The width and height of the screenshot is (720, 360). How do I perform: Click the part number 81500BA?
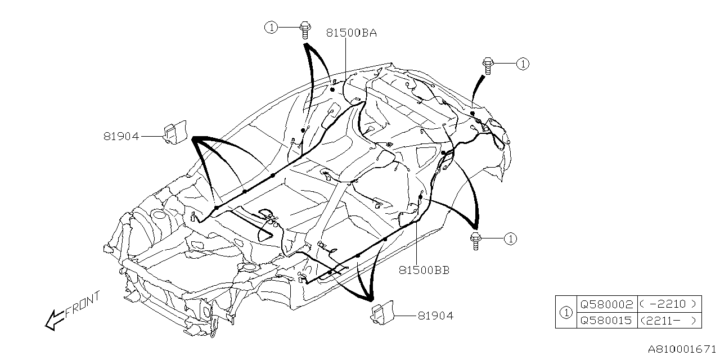click(351, 33)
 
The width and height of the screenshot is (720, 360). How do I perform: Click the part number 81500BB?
click(424, 270)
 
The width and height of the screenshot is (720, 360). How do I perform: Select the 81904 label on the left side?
click(121, 136)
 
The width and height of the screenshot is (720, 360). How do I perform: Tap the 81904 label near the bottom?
click(435, 316)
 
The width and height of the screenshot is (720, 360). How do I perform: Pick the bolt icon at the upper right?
click(487, 65)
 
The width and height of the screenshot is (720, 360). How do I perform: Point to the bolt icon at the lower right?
click(476, 240)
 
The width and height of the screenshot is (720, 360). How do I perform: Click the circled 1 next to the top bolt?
click(272, 26)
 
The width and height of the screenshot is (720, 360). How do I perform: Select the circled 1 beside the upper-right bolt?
click(523, 64)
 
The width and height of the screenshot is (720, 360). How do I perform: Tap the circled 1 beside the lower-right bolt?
click(510, 239)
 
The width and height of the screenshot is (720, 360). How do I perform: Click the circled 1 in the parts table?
click(566, 312)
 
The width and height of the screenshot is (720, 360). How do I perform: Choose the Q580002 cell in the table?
click(606, 304)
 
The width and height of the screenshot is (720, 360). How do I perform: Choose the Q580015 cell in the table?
click(606, 321)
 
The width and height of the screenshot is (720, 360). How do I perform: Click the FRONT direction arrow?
click(55, 319)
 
